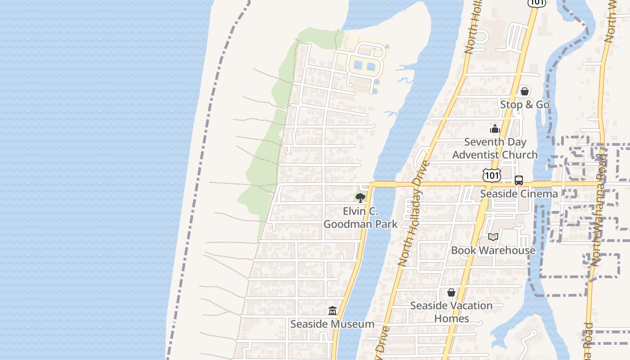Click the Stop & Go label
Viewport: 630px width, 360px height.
point(525,104)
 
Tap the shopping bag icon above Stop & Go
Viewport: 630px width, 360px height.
point(524,91)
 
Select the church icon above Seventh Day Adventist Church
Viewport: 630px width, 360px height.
point(495,129)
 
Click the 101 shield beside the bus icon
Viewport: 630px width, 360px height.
point(491,175)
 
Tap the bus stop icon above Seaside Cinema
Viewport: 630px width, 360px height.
point(519,180)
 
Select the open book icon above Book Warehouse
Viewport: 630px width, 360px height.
point(493,237)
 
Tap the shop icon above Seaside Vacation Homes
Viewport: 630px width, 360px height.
point(451,292)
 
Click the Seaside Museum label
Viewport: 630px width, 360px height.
point(332,324)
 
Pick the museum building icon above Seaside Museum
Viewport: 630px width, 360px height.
point(333,310)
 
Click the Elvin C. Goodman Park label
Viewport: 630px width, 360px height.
point(360,218)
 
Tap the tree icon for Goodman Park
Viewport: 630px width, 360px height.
point(360,198)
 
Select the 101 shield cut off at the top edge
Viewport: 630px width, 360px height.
point(537,2)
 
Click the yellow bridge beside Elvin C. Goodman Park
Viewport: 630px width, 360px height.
point(383,184)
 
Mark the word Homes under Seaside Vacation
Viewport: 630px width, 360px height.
point(451,319)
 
